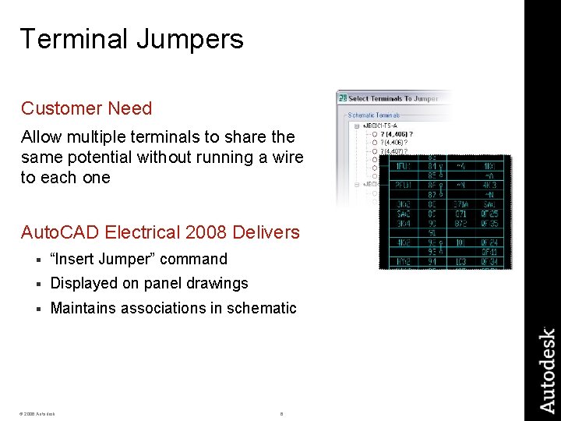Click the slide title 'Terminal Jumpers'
point(132,39)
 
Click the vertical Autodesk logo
point(548,370)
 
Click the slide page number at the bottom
point(281,413)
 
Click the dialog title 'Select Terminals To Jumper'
point(393,98)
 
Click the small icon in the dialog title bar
point(342,98)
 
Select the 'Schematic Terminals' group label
point(372,115)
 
